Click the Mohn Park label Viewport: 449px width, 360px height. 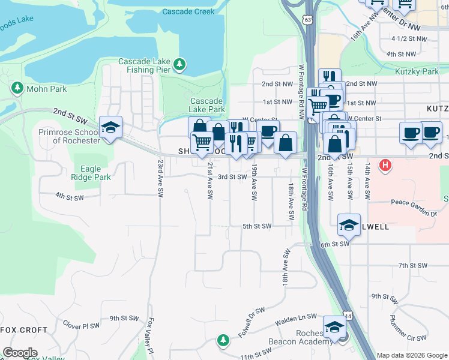click(x=47, y=89)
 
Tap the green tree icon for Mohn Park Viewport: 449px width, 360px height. click(x=17, y=88)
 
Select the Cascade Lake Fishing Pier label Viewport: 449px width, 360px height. click(x=144, y=65)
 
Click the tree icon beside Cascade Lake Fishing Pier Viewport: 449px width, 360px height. click(x=179, y=64)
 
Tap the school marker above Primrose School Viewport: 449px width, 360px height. click(x=110, y=127)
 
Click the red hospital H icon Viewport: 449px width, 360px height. click(x=385, y=164)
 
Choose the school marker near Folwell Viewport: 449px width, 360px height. click(x=349, y=224)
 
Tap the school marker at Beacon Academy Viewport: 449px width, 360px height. click(x=334, y=327)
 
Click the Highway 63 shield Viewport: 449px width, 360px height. click(x=307, y=20)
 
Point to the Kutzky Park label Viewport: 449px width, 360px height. click(x=417, y=71)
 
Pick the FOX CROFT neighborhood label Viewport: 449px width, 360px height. click(x=24, y=330)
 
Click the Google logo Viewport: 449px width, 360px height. click(x=20, y=353)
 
